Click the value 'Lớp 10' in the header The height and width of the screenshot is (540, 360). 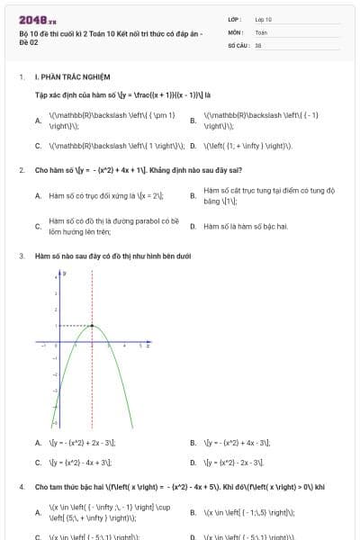pyautogui.click(x=264, y=19)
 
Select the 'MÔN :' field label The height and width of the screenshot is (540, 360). pyautogui.click(x=236, y=31)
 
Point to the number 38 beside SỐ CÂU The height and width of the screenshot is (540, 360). pyautogui.click(x=258, y=44)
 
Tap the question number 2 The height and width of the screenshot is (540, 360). pyautogui.click(x=21, y=169)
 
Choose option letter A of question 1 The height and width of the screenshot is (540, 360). pyautogui.click(x=38, y=121)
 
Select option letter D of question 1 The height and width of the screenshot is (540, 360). pyautogui.click(x=193, y=145)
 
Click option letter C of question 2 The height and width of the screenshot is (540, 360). pyautogui.click(x=38, y=226)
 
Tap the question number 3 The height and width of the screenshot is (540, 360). pyautogui.click(x=21, y=256)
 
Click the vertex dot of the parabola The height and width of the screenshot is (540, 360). pyautogui.click(x=92, y=325)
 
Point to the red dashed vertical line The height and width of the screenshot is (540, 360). pyautogui.click(x=92, y=378)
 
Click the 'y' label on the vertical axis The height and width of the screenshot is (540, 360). pyautogui.click(x=64, y=272)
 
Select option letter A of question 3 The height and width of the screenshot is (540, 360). pyautogui.click(x=38, y=443)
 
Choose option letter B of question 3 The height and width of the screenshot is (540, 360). pyautogui.click(x=193, y=443)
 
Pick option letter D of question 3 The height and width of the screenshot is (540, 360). pyautogui.click(x=193, y=463)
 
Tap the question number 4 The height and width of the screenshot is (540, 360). pyautogui.click(x=21, y=487)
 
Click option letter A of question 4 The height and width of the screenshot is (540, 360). pyautogui.click(x=38, y=512)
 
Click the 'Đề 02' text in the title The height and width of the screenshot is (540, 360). pyautogui.click(x=29, y=42)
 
